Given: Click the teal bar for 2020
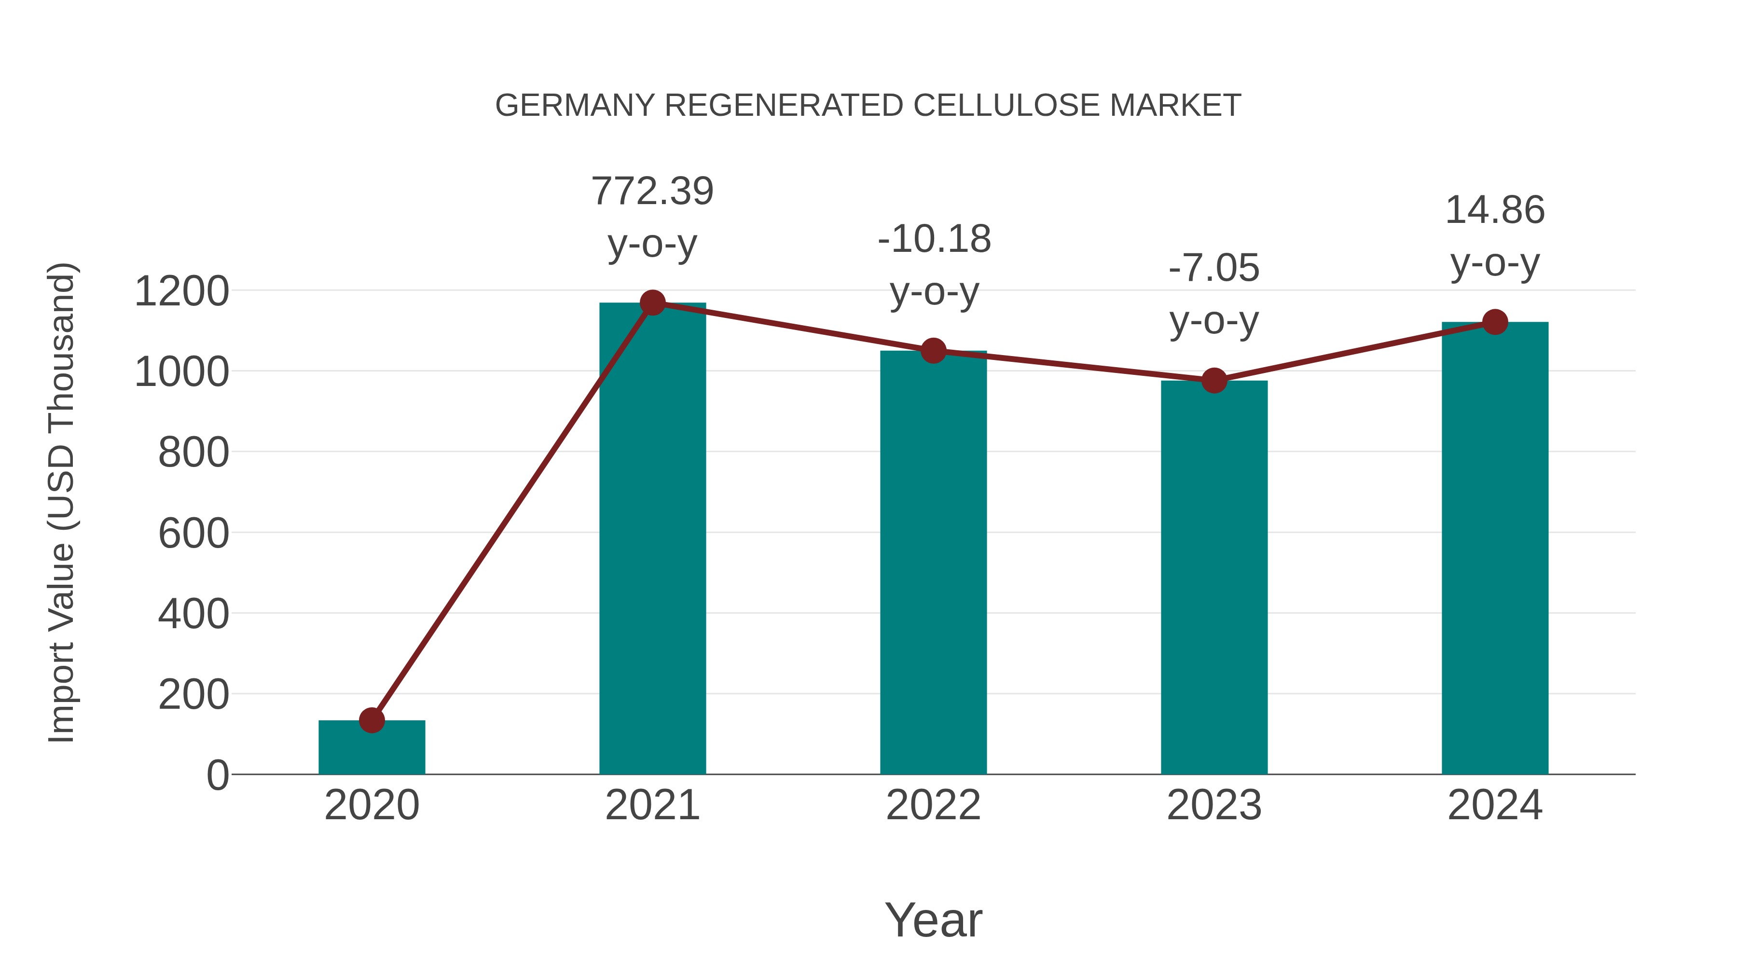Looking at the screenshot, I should point(372,748).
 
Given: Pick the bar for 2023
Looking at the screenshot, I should point(1214,578).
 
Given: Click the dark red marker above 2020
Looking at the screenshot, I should point(372,720).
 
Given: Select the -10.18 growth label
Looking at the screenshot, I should point(934,239).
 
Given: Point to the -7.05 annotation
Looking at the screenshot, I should point(1214,268).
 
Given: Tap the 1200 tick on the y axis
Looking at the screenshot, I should point(181,292).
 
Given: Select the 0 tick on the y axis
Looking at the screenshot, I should point(217,775).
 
